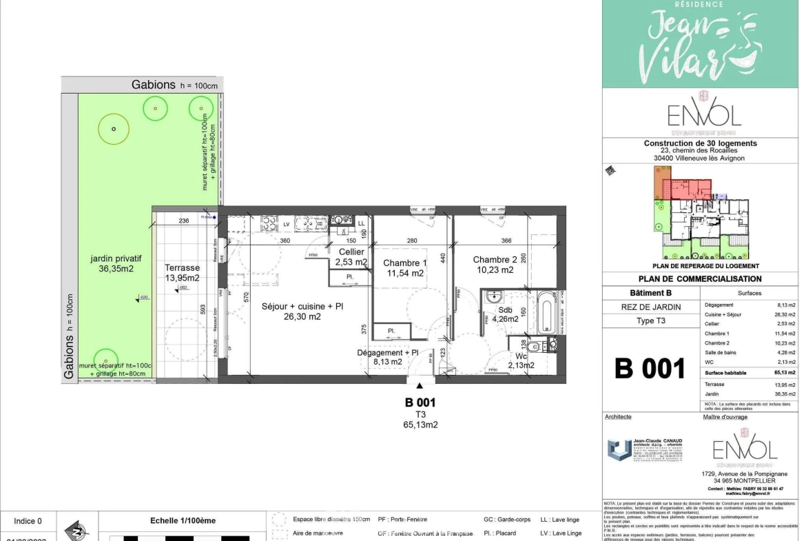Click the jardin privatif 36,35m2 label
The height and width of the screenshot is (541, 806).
pos(111,264)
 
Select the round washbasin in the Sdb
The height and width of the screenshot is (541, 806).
pos(495,297)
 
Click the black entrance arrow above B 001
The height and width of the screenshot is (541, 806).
pos(420,386)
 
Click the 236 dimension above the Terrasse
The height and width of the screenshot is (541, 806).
pos(184,221)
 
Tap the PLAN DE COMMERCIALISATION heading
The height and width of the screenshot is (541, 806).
pos(700,279)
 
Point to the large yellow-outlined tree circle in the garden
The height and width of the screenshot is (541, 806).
pos(114,129)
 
